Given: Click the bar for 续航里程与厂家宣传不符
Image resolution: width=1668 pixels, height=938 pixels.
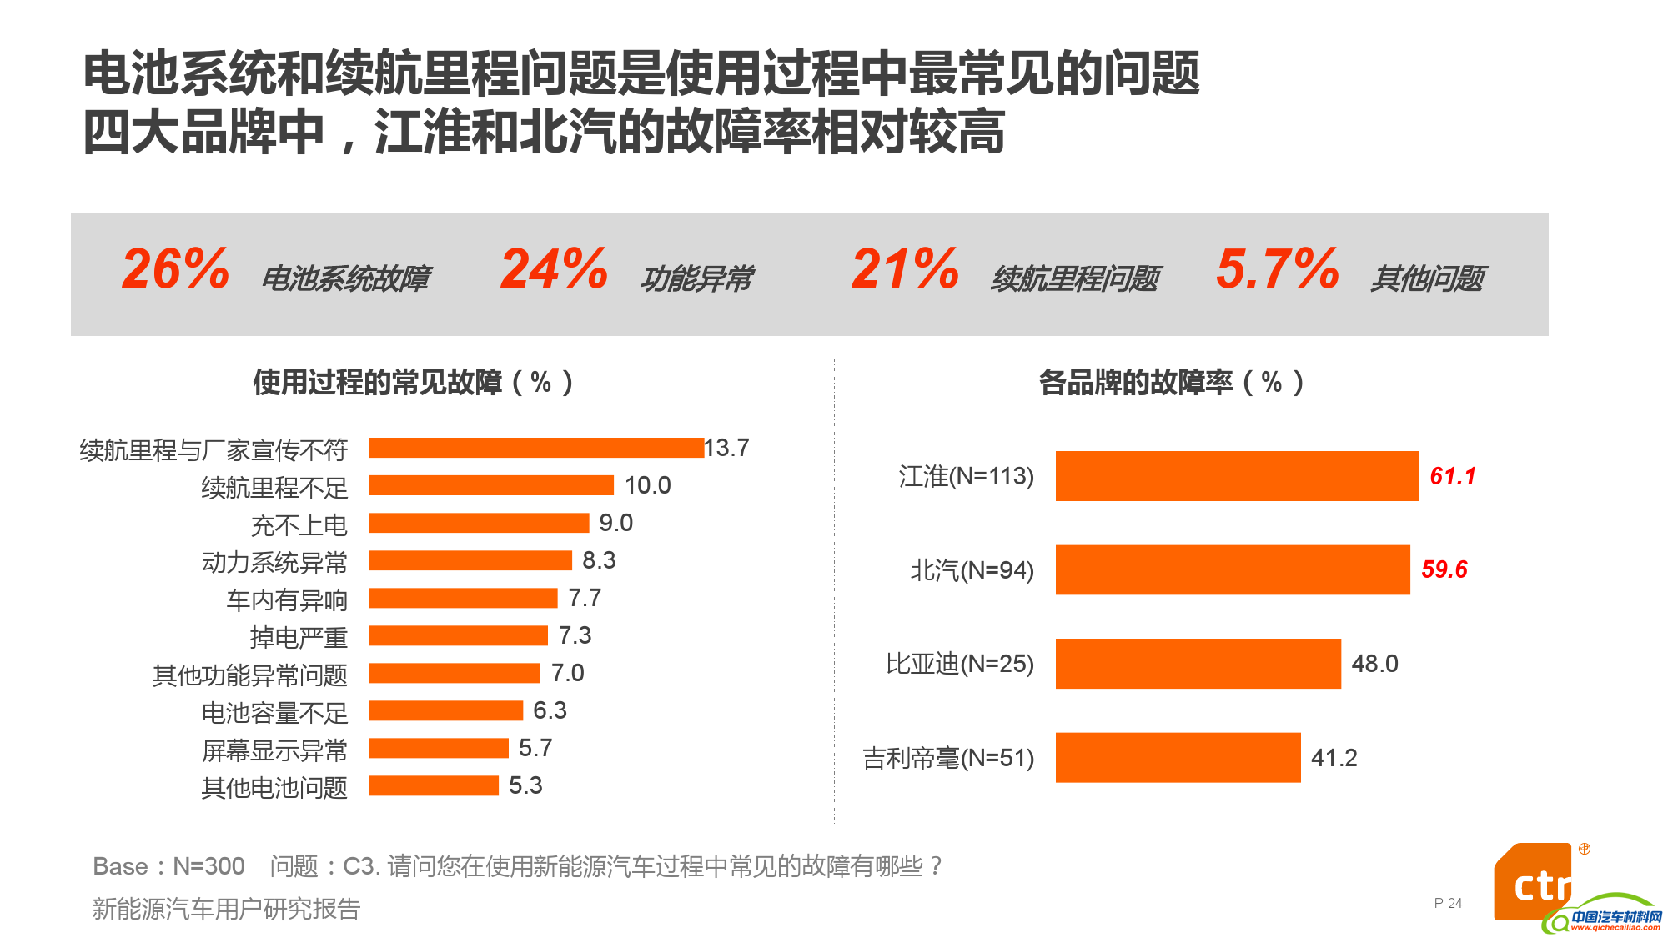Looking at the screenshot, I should [x=536, y=448].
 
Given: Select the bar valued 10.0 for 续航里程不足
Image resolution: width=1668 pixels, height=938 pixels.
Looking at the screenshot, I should [x=491, y=485].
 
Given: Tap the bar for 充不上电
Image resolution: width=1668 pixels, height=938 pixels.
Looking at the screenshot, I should [x=479, y=523].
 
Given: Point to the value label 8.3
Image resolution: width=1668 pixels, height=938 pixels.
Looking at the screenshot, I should [x=599, y=560].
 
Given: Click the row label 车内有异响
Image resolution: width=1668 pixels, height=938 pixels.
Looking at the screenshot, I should [x=287, y=600].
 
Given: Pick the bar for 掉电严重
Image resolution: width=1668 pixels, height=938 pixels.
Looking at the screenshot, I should [x=458, y=635].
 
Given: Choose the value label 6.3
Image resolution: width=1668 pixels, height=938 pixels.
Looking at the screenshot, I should [x=550, y=710].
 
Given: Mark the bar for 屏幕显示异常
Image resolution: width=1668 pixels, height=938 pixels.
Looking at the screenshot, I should [x=439, y=748].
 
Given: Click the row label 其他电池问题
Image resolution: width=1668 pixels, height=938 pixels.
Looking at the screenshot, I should [x=274, y=788].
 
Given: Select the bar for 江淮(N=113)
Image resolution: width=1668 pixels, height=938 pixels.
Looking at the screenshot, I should [x=1237, y=476].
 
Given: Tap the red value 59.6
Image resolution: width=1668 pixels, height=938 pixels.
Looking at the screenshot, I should [x=1444, y=569].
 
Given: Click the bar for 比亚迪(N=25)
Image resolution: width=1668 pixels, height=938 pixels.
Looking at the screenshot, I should [x=1198, y=664].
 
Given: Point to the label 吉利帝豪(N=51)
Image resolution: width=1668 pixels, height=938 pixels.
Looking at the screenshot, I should [x=948, y=758].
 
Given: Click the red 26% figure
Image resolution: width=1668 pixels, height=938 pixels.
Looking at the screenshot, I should [x=175, y=269].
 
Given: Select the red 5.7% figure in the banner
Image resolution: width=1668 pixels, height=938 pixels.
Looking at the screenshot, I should [x=1277, y=269].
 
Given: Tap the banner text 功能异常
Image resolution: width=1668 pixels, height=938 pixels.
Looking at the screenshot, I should [x=696, y=278].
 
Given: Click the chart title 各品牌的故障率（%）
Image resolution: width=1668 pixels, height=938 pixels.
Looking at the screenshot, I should [x=1171, y=383].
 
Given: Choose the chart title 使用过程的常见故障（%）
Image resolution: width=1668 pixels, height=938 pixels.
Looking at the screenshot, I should [x=413, y=383].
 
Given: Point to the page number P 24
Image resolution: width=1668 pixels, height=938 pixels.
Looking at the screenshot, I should [x=1448, y=903].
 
